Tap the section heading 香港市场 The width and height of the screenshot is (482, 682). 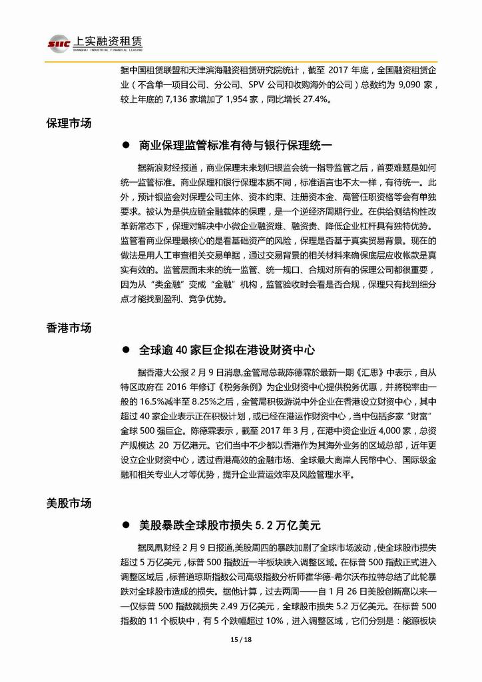point(69,328)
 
